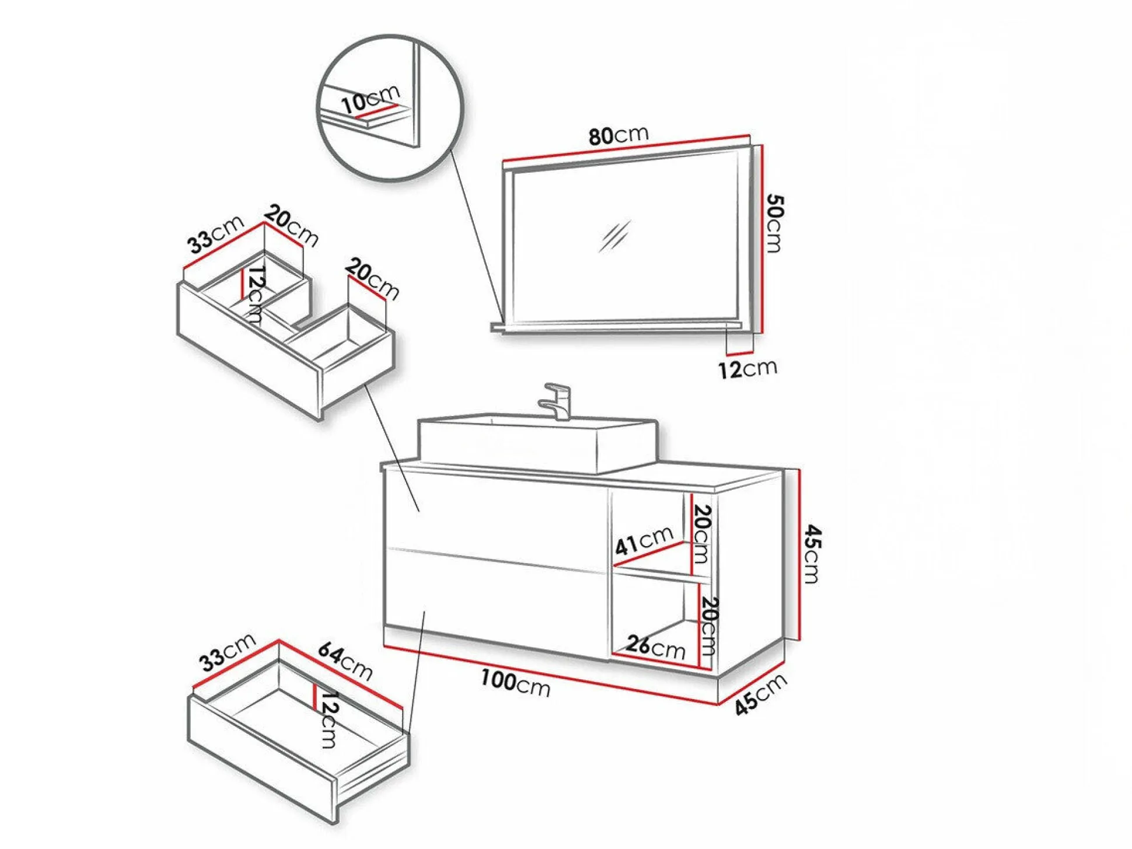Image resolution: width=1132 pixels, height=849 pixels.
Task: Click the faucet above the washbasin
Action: [x=558, y=401]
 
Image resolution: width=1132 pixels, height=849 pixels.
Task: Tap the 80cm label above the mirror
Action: [x=618, y=135]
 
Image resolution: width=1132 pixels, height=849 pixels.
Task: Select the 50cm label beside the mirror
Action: [x=774, y=223]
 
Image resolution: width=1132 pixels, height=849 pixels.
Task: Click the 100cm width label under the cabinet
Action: [x=515, y=682]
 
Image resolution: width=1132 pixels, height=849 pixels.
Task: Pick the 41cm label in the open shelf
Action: [x=644, y=541]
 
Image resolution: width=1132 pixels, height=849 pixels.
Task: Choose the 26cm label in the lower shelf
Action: [x=656, y=647]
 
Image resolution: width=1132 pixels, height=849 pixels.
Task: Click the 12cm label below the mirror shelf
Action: [x=747, y=369]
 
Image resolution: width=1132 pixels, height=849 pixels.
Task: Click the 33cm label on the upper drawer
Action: [x=215, y=234]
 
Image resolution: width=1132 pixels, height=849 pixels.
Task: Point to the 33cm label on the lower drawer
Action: [x=227, y=652]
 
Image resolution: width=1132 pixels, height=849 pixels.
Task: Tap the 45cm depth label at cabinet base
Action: [x=760, y=694]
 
